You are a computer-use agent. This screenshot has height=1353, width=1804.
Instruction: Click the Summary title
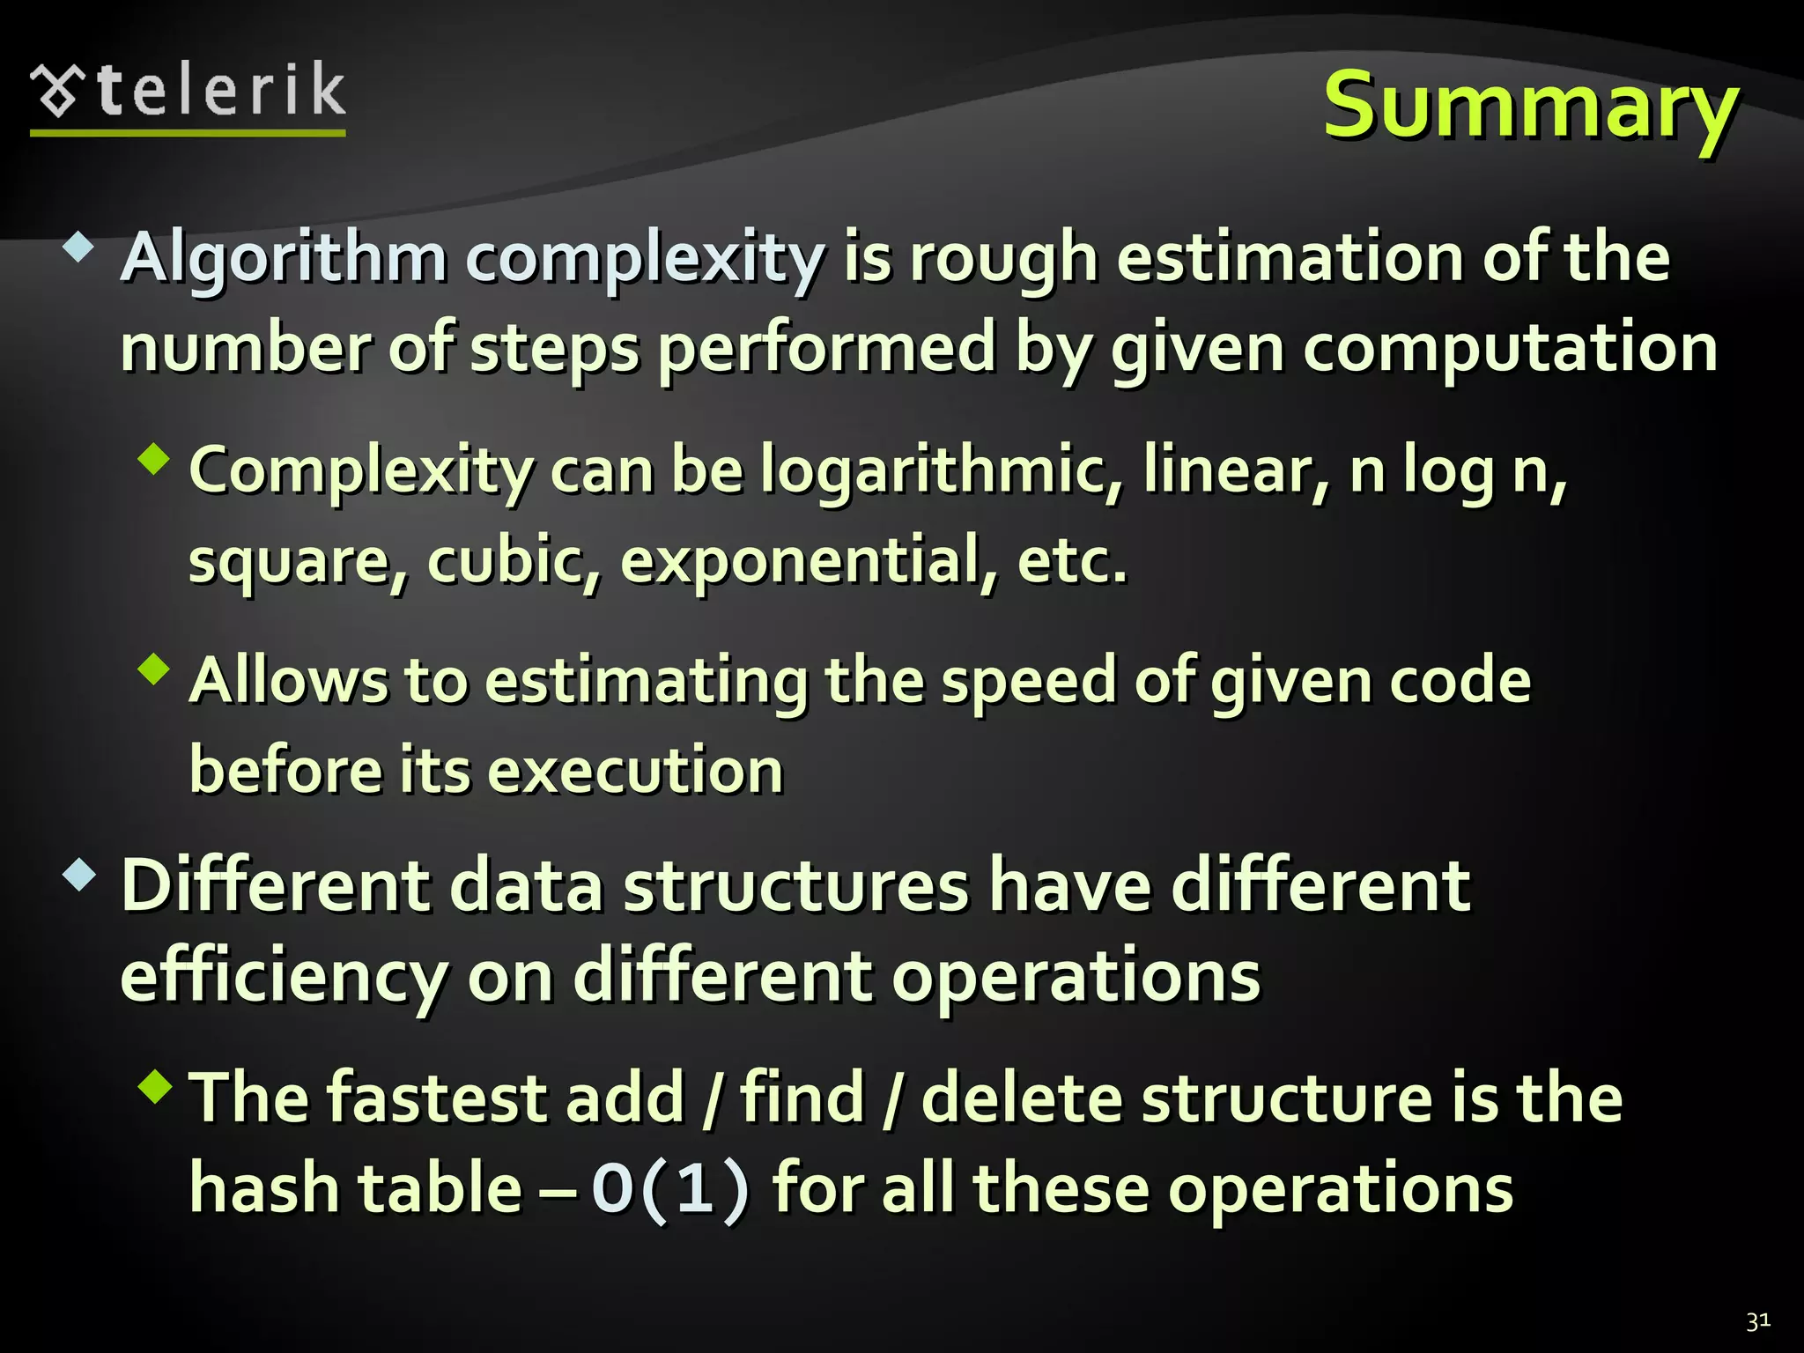point(1530,106)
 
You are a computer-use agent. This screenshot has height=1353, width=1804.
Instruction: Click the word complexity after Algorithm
point(645,258)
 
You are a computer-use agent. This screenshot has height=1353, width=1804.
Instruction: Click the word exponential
point(809,561)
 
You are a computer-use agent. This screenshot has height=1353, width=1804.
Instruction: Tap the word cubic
point(513,559)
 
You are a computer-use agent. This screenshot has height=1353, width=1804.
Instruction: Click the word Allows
point(288,680)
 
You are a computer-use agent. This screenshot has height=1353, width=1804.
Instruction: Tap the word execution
point(635,770)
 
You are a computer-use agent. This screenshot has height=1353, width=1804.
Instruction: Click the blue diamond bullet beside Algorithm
point(78,248)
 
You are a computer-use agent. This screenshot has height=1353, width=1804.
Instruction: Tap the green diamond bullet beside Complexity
point(154,459)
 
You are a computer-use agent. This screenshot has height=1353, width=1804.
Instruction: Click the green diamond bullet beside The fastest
point(154,1086)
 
